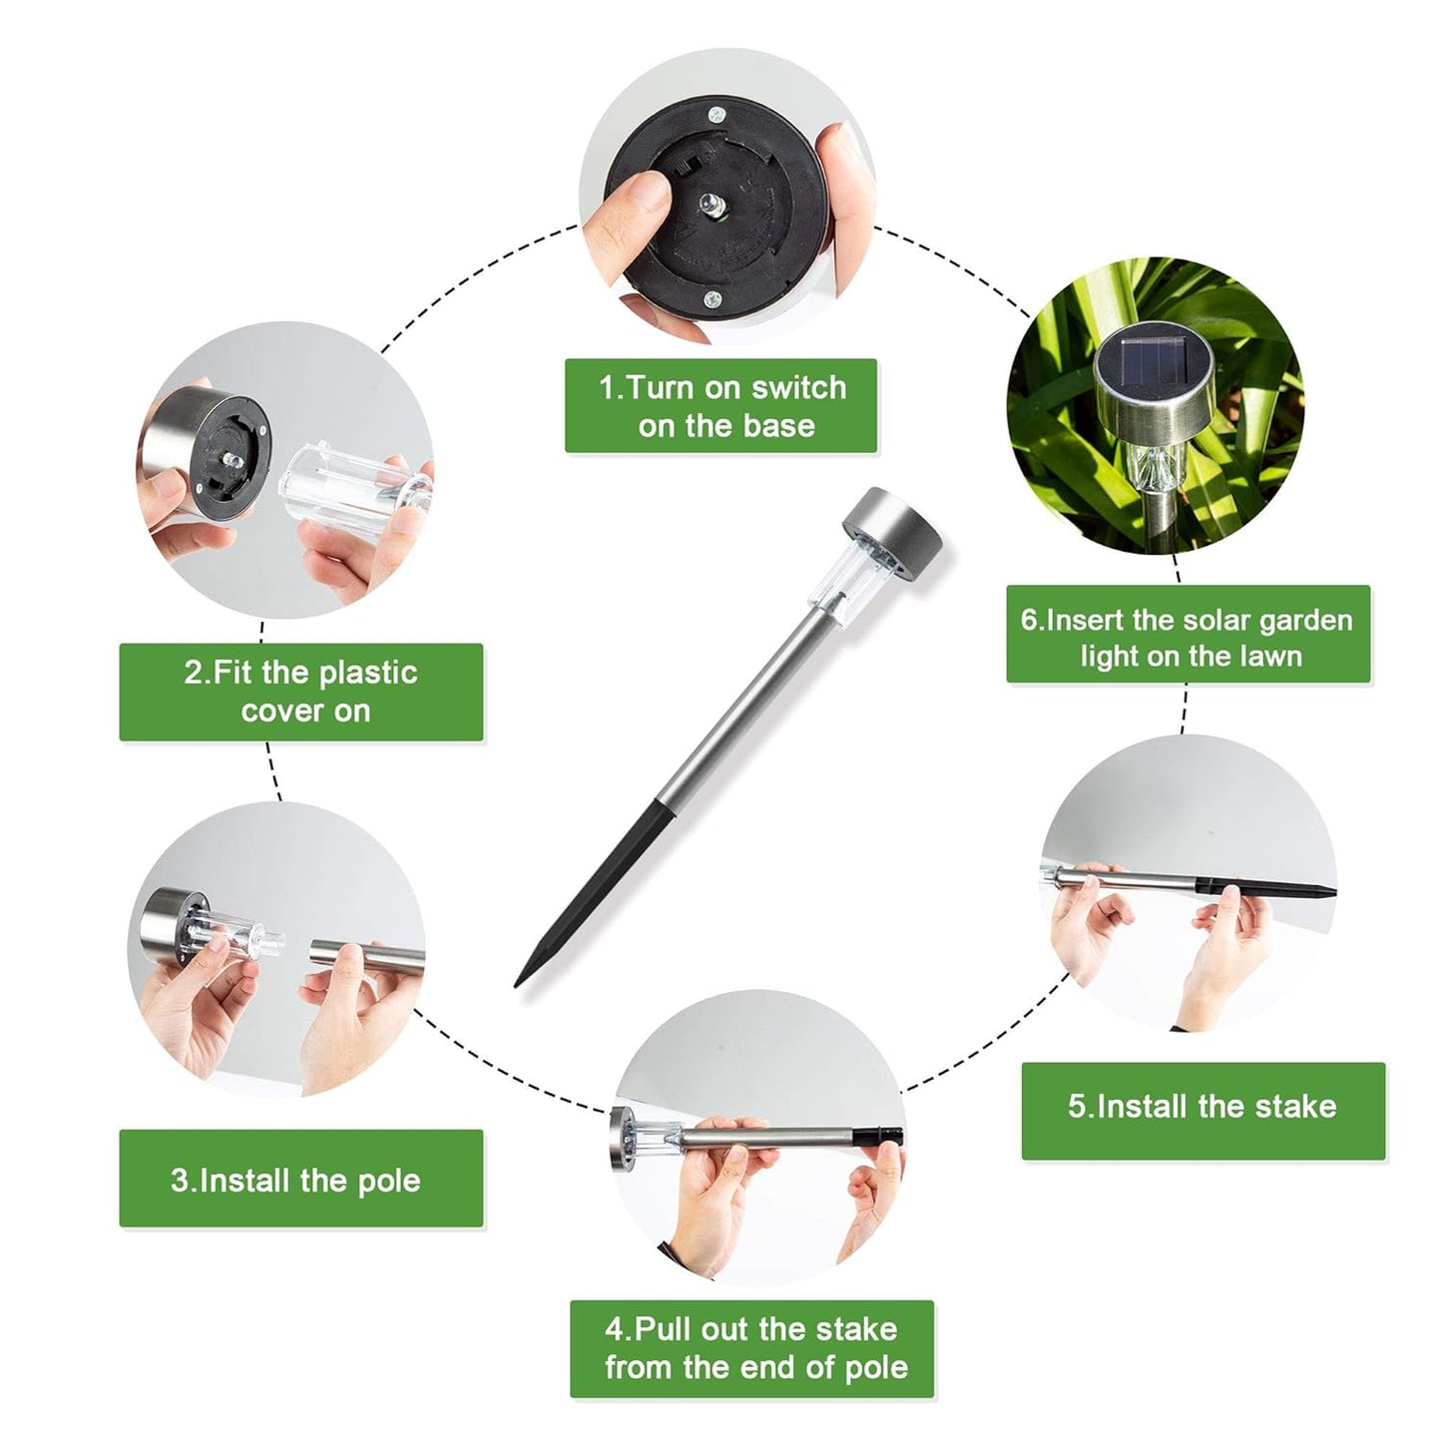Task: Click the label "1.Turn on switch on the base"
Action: (x=721, y=405)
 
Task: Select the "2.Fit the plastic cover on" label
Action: (x=300, y=692)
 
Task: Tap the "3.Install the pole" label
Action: (x=300, y=1181)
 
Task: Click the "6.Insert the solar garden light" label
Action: (x=1189, y=634)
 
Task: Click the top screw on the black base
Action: (x=717, y=115)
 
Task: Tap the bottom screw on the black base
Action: (x=714, y=299)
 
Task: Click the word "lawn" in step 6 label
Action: (x=1270, y=657)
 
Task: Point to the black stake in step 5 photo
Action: (x=1265, y=887)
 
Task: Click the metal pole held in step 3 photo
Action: (x=366, y=953)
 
